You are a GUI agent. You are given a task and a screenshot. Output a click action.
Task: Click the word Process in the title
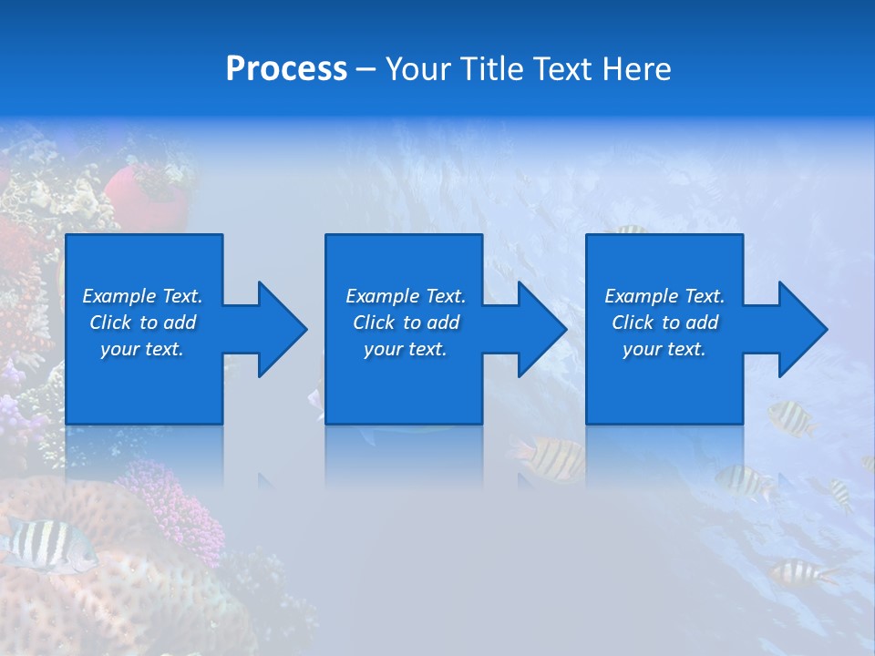pyautogui.click(x=286, y=69)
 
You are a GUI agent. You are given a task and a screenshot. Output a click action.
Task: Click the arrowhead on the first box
pyautogui.click(x=283, y=329)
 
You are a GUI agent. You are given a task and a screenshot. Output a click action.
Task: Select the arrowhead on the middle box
pyautogui.click(x=542, y=329)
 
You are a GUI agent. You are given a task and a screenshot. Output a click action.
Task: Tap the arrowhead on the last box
pyautogui.click(x=803, y=329)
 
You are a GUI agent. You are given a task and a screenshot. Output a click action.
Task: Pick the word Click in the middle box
pyautogui.click(x=375, y=323)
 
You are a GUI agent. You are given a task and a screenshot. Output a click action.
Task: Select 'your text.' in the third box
pyautogui.click(x=664, y=349)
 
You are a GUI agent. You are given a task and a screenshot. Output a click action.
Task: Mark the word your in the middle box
pyautogui.click(x=383, y=349)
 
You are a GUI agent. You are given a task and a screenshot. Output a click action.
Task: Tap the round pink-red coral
pyautogui.click(x=146, y=196)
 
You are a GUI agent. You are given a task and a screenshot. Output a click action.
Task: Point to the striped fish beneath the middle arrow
pyautogui.click(x=551, y=458)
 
